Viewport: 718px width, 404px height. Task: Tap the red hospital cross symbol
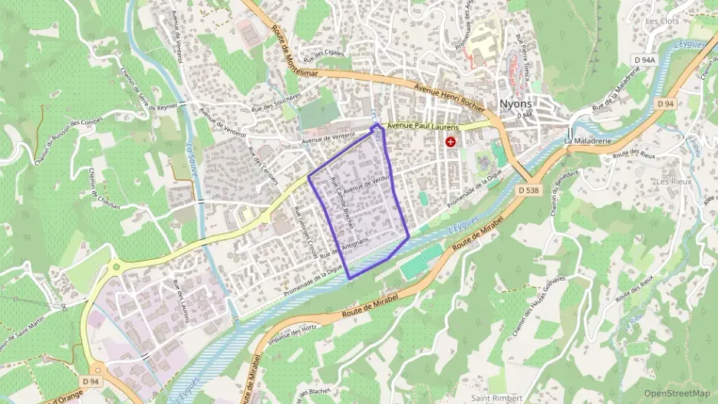pyautogui.click(x=450, y=142)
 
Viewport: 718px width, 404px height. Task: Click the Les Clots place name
pyautogui.click(x=662, y=21)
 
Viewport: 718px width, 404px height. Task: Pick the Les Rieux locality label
pyautogui.click(x=674, y=181)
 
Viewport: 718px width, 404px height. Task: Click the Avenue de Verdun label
pyautogui.click(x=367, y=184)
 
